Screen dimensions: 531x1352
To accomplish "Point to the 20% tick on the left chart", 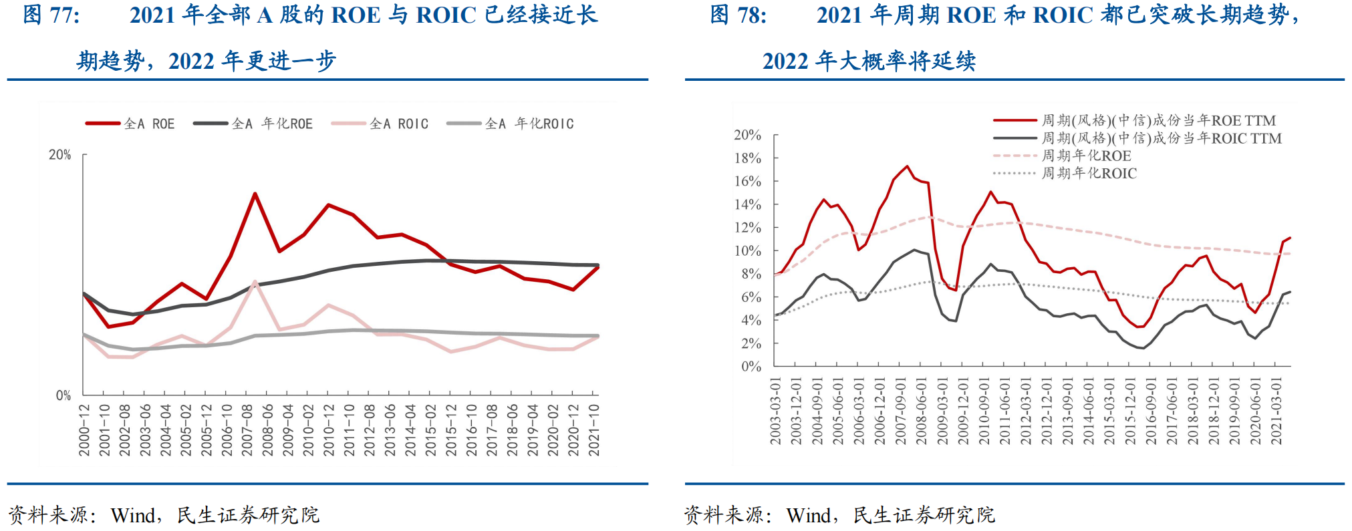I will pyautogui.click(x=60, y=155).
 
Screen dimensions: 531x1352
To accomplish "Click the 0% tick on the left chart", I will pyautogui.click(x=63, y=395).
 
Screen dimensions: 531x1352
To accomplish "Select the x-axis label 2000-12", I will pyautogui.click(x=85, y=429).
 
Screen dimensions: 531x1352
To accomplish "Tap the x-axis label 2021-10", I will pyautogui.click(x=594, y=429).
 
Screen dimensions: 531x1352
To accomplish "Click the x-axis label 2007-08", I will pyautogui.click(x=248, y=429).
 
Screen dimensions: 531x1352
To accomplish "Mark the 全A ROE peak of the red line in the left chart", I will pyautogui.click(x=255, y=194).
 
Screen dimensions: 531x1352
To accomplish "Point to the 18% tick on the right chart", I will pyautogui.click(x=748, y=158).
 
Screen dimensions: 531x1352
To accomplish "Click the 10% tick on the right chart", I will pyautogui.click(x=748, y=251).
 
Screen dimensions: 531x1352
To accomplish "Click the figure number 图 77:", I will pyautogui.click(x=51, y=15).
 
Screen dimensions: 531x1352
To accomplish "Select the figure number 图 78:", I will pyautogui.click(x=738, y=15).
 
